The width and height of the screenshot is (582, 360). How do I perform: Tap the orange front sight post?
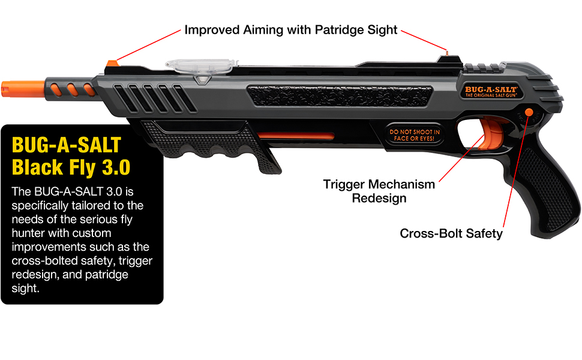(112, 64)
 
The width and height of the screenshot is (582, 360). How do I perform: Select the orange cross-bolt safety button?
(529, 112)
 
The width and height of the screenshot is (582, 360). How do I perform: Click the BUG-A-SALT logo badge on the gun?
(491, 92)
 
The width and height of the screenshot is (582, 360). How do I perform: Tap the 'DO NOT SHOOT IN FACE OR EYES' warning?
(414, 135)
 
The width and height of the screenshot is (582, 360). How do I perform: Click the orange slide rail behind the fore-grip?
(296, 136)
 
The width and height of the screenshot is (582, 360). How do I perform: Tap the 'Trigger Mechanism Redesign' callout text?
(379, 191)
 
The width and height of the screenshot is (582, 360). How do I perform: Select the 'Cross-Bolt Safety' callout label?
(451, 233)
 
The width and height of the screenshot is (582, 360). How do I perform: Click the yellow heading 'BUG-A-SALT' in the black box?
(67, 145)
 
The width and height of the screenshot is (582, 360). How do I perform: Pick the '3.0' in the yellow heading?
(116, 167)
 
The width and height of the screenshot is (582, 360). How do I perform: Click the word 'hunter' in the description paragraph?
(61, 233)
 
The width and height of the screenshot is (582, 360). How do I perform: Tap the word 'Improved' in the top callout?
(212, 30)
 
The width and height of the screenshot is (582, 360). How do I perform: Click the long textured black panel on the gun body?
(340, 96)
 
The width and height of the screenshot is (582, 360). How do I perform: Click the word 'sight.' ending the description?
(25, 289)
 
